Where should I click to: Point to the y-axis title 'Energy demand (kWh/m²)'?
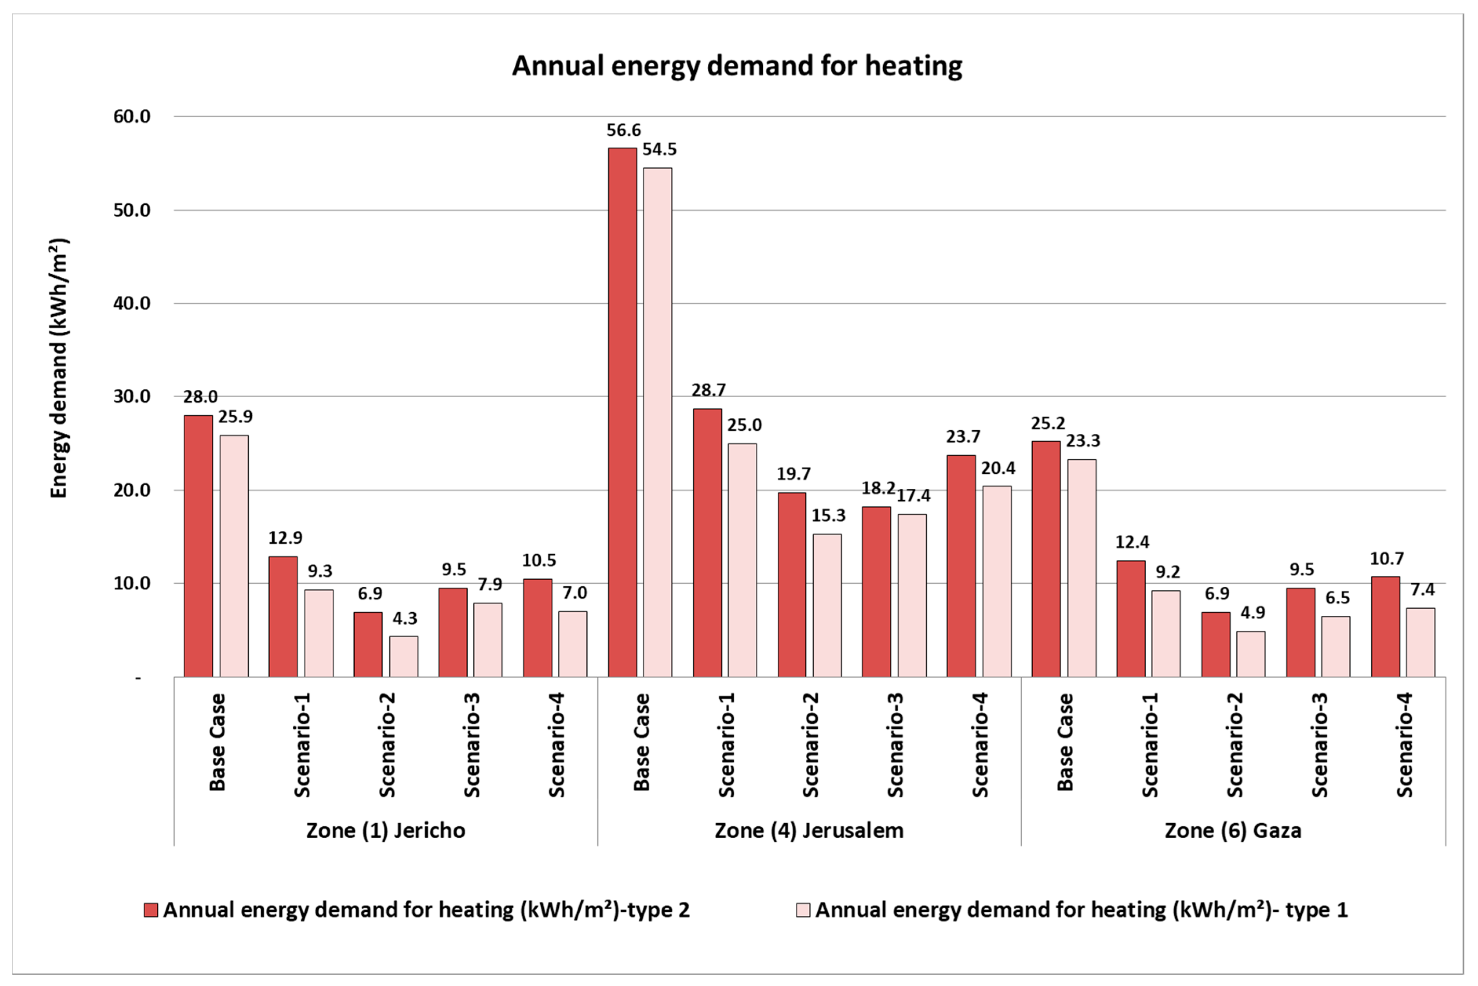pyautogui.click(x=58, y=368)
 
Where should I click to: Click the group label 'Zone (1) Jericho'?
pyautogui.click(x=386, y=831)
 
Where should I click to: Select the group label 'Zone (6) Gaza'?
pyautogui.click(x=1233, y=831)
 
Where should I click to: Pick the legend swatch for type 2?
pyautogui.click(x=150, y=910)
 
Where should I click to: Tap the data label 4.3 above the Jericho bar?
pyautogui.click(x=405, y=618)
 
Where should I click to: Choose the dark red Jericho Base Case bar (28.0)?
pyautogui.click(x=198, y=546)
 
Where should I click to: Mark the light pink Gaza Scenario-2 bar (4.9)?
pyautogui.click(x=1251, y=654)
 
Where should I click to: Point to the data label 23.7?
pyautogui.click(x=963, y=437)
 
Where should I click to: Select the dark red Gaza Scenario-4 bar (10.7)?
pyautogui.click(x=1385, y=626)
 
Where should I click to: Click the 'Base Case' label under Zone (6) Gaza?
pyautogui.click(x=1065, y=742)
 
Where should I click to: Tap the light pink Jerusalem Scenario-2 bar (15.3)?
pyautogui.click(x=827, y=605)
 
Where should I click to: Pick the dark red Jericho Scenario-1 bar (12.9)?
pyautogui.click(x=283, y=616)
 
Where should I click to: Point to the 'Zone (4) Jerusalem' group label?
pyautogui.click(x=809, y=831)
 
